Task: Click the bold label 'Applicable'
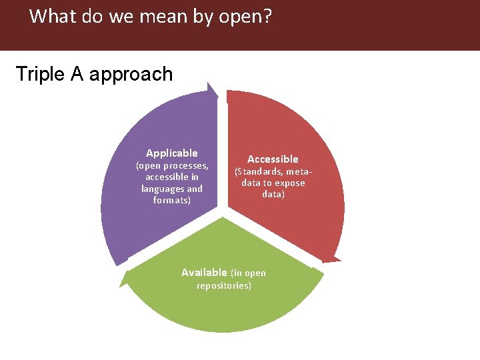(x=172, y=153)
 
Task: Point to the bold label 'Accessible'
(x=273, y=159)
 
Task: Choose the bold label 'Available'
(x=204, y=273)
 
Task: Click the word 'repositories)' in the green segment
(x=224, y=286)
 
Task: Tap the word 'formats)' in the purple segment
(x=172, y=200)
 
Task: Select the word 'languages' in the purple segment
(x=162, y=189)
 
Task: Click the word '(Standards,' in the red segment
(x=258, y=172)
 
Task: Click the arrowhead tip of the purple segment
(x=211, y=85)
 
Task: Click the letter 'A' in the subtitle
(x=77, y=74)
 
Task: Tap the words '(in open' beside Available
(x=248, y=273)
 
